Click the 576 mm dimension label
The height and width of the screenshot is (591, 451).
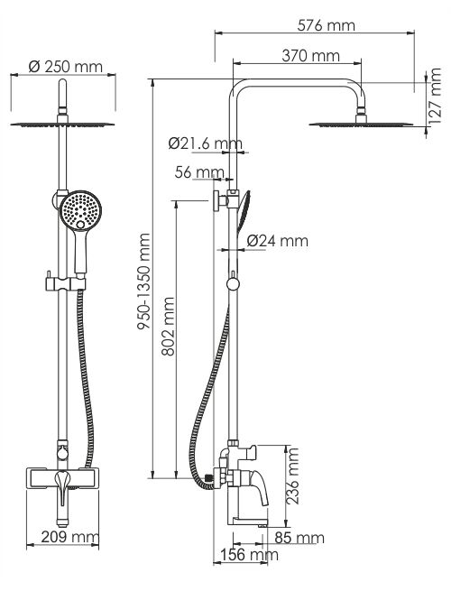coord(326,25)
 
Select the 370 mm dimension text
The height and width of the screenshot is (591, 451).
coord(311,56)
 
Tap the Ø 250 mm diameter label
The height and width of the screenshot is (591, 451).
coord(66,67)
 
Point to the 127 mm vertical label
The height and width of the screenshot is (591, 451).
coord(435,97)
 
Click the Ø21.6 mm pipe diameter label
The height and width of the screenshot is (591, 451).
coord(206,143)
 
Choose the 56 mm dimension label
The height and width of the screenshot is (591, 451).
coord(199,172)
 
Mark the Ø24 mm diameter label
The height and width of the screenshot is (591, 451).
coord(278,241)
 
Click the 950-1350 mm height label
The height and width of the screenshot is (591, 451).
coord(143,282)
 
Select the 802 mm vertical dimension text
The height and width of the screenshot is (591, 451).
coord(168,327)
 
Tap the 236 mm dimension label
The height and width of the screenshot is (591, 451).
coord(292,476)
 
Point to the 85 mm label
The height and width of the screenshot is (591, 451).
coord(299,538)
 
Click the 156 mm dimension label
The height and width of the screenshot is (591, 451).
coord(249,555)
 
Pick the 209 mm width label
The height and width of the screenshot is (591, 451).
coord(69,537)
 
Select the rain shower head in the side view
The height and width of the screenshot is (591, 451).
coord(361,123)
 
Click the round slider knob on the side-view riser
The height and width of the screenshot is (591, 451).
coord(233,284)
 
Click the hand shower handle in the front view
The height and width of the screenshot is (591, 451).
coord(80,250)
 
